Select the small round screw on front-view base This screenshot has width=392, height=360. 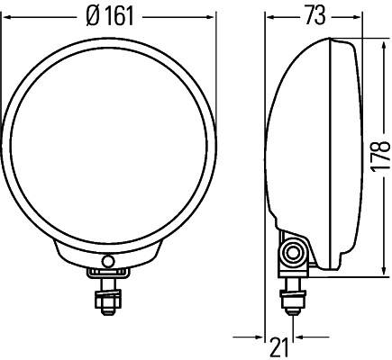coord(108,262)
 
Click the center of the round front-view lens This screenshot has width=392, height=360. coord(108,142)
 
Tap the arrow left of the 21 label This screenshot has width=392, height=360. coord(261,338)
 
